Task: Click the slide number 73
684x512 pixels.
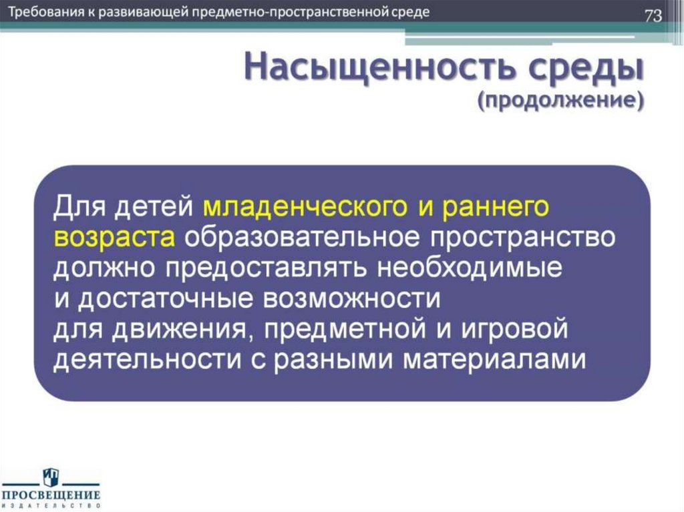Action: point(653,16)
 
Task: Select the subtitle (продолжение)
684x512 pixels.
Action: point(560,101)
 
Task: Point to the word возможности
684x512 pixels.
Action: point(353,299)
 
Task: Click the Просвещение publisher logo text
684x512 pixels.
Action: point(51,495)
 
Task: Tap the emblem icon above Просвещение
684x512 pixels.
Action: point(51,477)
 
